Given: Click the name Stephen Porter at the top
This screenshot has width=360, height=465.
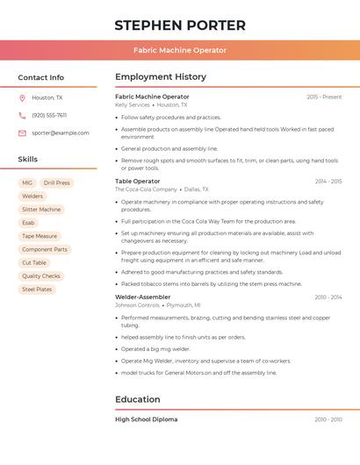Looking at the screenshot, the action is pos(180,25).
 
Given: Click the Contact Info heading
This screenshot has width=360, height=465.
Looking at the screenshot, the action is pos(40,77).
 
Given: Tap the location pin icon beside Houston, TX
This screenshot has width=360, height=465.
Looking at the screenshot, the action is pos(22,97).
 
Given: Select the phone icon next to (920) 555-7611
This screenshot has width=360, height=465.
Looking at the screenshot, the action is pos(22,115).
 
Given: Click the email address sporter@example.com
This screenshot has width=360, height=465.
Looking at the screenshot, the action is pos(61,132).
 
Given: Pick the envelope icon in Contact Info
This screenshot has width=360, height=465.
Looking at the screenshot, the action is pos(22,132).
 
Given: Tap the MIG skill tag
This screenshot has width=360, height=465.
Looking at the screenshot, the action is pos(27,183).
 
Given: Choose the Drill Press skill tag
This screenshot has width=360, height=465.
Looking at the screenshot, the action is pos(56,183).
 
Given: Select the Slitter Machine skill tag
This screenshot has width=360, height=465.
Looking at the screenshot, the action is pos(41,210).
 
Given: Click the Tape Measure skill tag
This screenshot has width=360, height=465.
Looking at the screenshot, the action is pos(40,236).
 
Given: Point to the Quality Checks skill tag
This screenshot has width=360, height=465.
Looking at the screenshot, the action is pos(41,275).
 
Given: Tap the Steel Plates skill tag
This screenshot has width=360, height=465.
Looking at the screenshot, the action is pos(37,289).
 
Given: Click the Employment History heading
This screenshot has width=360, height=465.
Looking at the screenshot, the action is pos(161,77).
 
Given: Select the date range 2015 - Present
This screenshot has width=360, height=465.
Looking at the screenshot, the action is pos(324,97).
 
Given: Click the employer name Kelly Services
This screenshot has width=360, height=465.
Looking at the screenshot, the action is pos(133,104).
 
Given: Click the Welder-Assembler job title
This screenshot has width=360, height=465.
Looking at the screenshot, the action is pos(142,297).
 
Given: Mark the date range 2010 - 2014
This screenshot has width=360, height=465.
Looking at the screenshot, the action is pos(328,297).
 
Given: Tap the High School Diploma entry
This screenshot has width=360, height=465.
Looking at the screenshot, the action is pos(146,419).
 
